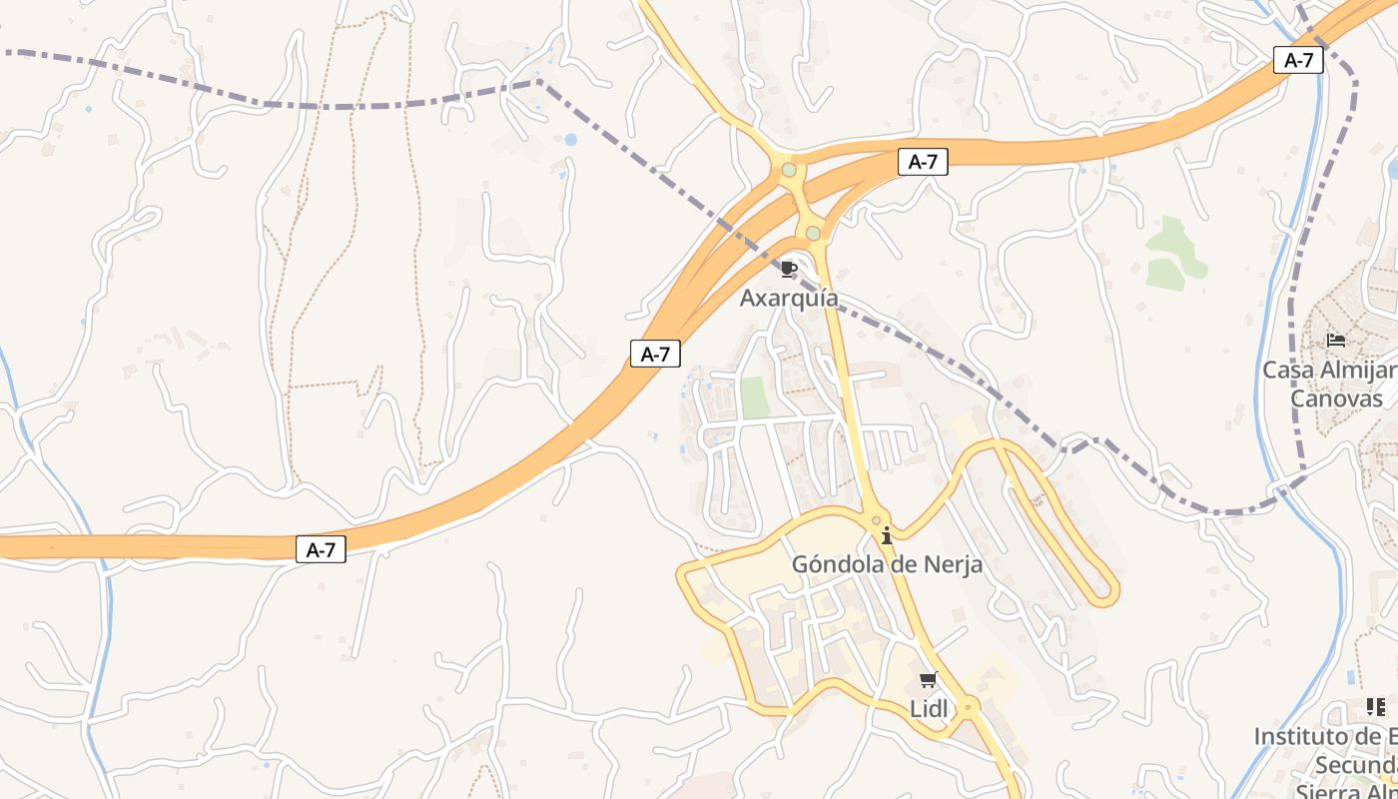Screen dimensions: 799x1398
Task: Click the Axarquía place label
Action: click(x=789, y=298)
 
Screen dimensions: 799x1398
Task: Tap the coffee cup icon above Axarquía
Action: click(x=789, y=269)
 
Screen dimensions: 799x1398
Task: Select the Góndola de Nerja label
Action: click(x=887, y=564)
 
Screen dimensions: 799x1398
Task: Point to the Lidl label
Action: click(x=928, y=708)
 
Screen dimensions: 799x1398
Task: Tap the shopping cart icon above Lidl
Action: click(x=928, y=681)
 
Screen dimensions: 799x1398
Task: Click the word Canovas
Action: click(x=1337, y=399)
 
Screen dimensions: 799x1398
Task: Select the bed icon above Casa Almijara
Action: click(x=1336, y=341)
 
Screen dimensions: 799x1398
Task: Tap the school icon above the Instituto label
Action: click(x=1376, y=707)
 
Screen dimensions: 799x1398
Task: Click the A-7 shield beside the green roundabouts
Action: click(x=923, y=162)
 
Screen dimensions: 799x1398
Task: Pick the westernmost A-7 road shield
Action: click(x=321, y=548)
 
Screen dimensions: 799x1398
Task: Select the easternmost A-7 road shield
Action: click(x=1298, y=60)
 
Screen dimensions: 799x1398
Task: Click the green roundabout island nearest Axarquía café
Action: click(x=813, y=234)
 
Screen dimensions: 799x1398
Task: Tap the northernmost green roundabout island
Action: click(x=789, y=170)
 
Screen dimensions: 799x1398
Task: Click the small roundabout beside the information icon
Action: click(x=876, y=519)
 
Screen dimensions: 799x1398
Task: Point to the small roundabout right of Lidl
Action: click(x=969, y=706)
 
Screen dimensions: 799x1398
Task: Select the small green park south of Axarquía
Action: click(x=755, y=398)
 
